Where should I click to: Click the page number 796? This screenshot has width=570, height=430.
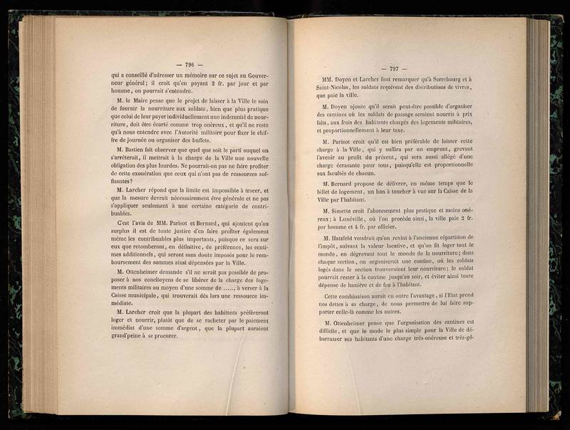point(190,63)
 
